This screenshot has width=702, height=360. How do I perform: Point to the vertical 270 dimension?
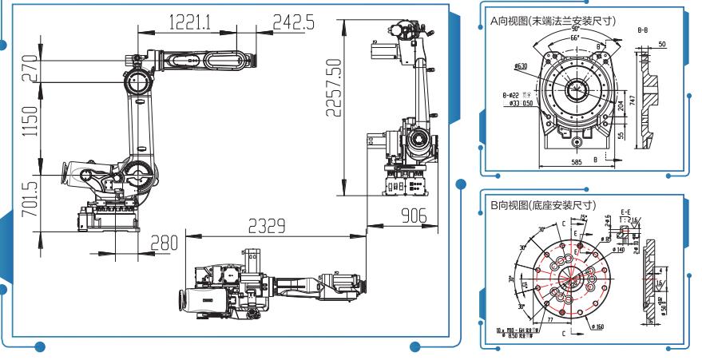[30, 69]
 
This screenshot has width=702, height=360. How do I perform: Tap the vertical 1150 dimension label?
[30, 121]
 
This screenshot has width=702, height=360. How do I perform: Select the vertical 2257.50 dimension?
[335, 88]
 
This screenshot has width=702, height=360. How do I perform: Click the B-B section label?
[642, 30]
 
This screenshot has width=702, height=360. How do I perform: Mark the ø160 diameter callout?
[597, 326]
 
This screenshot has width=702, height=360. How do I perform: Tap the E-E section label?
[625, 212]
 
